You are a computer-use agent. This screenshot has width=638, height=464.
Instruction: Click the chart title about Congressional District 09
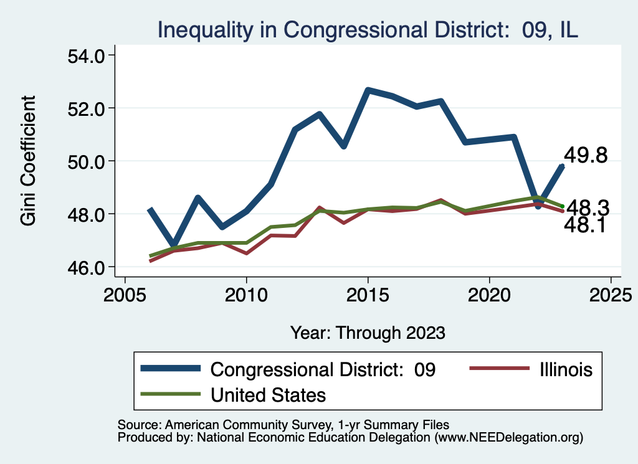[368, 29]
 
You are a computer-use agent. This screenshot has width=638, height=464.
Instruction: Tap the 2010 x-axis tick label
[246, 293]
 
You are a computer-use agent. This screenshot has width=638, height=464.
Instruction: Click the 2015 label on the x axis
[368, 293]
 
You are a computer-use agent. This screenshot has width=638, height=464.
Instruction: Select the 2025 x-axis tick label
[611, 293]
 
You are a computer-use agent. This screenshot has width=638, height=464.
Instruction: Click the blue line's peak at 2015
[368, 90]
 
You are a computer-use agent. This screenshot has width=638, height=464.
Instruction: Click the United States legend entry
[269, 394]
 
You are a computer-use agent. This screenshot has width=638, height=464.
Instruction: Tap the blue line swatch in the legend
[171, 369]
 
